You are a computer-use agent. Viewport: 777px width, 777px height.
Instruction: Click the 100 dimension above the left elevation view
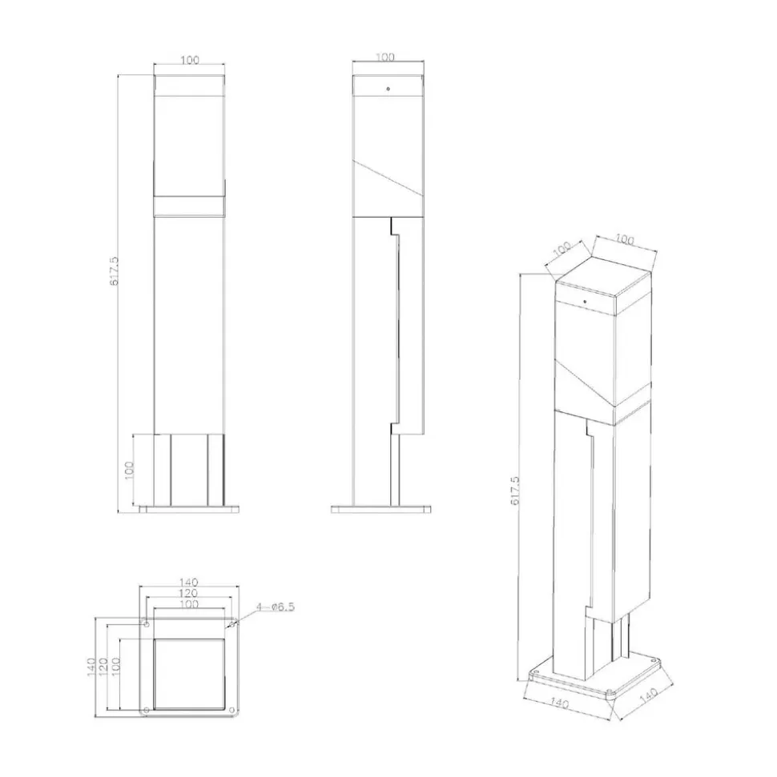pyautogui.click(x=190, y=60)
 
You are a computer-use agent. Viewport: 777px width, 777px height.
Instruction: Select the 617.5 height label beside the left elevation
pyautogui.click(x=114, y=270)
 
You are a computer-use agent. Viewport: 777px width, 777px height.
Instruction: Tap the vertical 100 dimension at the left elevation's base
pyautogui.click(x=129, y=470)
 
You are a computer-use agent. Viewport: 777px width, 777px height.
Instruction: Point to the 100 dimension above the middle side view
pyautogui.click(x=385, y=57)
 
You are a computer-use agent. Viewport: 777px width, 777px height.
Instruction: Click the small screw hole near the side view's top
pyautogui.click(x=388, y=89)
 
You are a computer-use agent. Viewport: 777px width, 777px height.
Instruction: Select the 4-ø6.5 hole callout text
pyautogui.click(x=276, y=607)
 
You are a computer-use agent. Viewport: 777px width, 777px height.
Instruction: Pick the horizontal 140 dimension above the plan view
pyautogui.click(x=188, y=583)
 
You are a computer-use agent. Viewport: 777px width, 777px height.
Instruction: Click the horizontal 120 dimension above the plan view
pyautogui.click(x=188, y=593)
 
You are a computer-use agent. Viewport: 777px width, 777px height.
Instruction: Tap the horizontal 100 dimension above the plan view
pyautogui.click(x=188, y=604)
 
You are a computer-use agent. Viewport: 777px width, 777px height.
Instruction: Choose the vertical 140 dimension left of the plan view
pyautogui.click(x=91, y=667)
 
